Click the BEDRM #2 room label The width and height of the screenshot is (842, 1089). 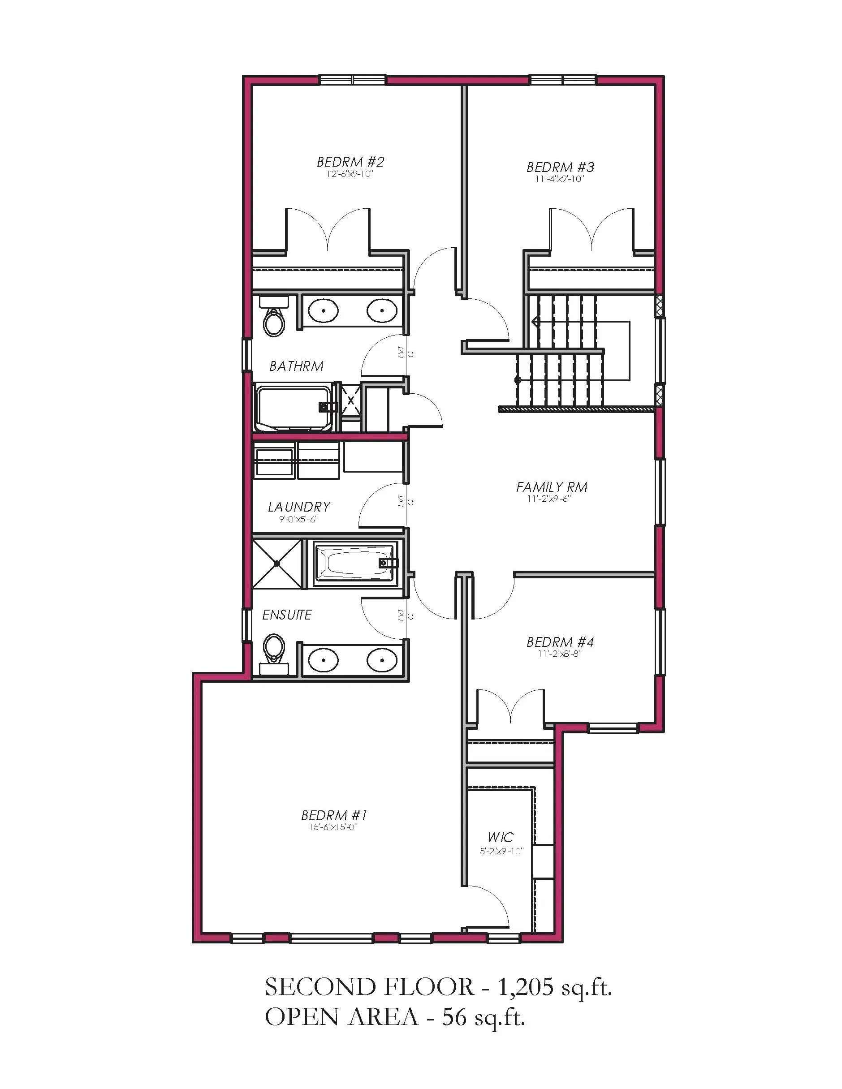[x=351, y=162]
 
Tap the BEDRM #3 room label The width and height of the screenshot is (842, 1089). [x=560, y=167]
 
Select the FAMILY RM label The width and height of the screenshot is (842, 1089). [x=552, y=486]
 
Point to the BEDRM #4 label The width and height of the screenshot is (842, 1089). [x=560, y=642]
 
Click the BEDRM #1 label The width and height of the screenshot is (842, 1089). [x=334, y=815]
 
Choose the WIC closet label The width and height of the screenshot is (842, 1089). [x=501, y=837]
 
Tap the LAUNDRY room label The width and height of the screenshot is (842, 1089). [x=299, y=507]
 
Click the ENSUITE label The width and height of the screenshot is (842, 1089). [x=287, y=615]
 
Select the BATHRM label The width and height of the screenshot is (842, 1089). [x=296, y=366]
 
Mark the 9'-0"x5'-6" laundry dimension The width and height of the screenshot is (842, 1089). [x=298, y=519]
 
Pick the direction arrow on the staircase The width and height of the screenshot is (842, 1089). [x=535, y=322]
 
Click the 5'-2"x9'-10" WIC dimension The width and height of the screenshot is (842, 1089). [x=501, y=851]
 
